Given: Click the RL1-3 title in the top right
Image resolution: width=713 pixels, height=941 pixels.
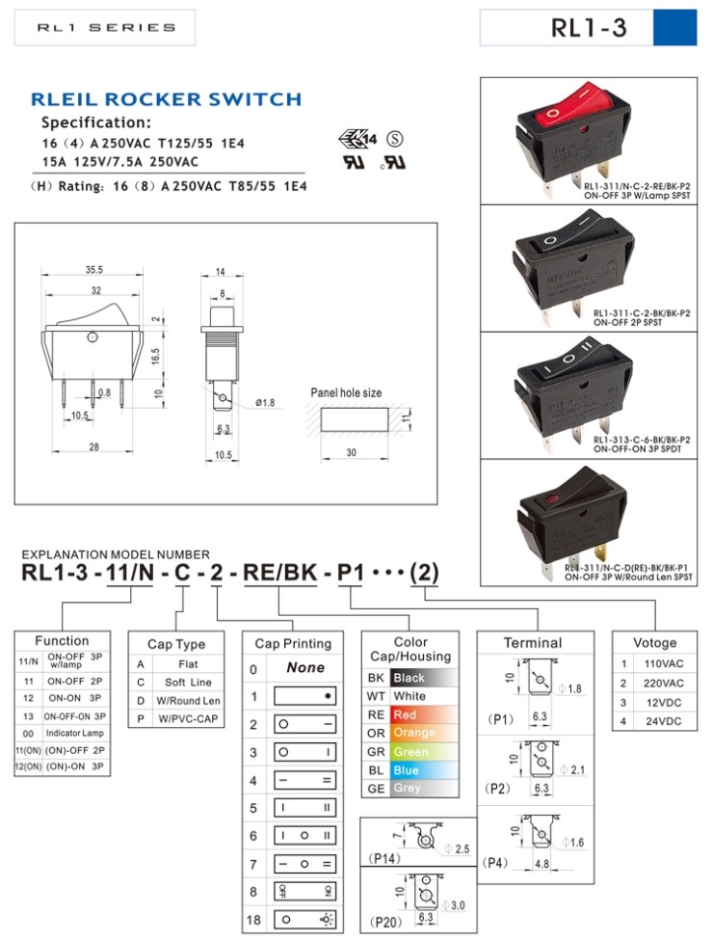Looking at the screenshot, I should [588, 28].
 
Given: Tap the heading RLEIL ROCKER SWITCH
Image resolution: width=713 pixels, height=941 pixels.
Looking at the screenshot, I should [166, 99].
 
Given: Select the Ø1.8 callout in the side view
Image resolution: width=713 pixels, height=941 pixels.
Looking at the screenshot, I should [266, 402].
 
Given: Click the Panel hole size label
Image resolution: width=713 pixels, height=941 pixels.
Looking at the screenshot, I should [346, 392].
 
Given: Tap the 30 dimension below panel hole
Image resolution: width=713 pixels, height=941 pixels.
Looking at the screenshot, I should [352, 453].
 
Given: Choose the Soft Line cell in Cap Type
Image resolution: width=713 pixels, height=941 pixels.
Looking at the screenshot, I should [188, 682].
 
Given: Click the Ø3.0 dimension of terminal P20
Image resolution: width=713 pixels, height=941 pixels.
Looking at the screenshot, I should [457, 904].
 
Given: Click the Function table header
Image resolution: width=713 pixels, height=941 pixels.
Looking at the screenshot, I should [63, 640].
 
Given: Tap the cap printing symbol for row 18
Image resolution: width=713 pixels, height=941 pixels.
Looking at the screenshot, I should [305, 919].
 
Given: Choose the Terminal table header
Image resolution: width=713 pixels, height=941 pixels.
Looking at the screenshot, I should [533, 642].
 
